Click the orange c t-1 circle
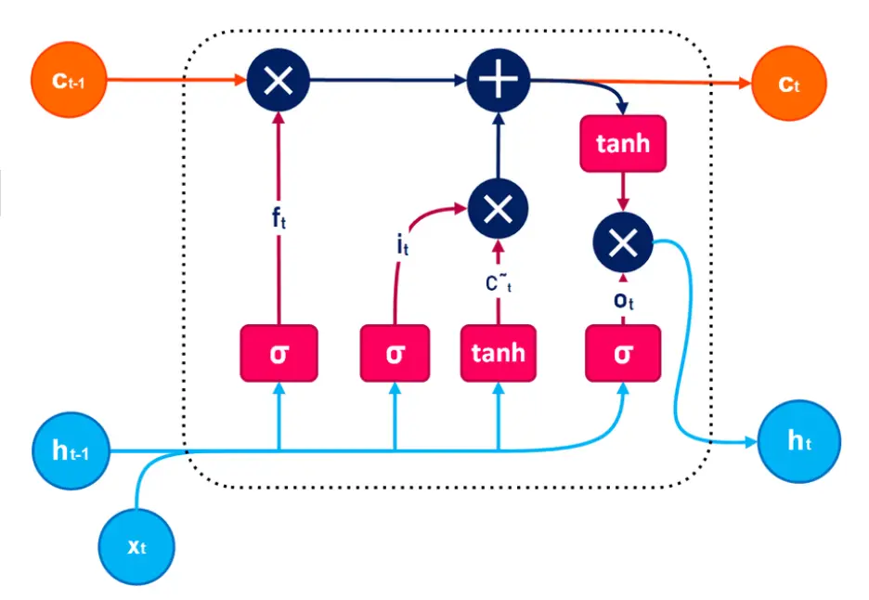70,81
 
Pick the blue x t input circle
136,545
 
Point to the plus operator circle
498,82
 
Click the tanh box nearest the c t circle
623,144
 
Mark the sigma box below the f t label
279,353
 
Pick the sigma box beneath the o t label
623,353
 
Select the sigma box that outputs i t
395,353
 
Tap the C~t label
499,283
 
